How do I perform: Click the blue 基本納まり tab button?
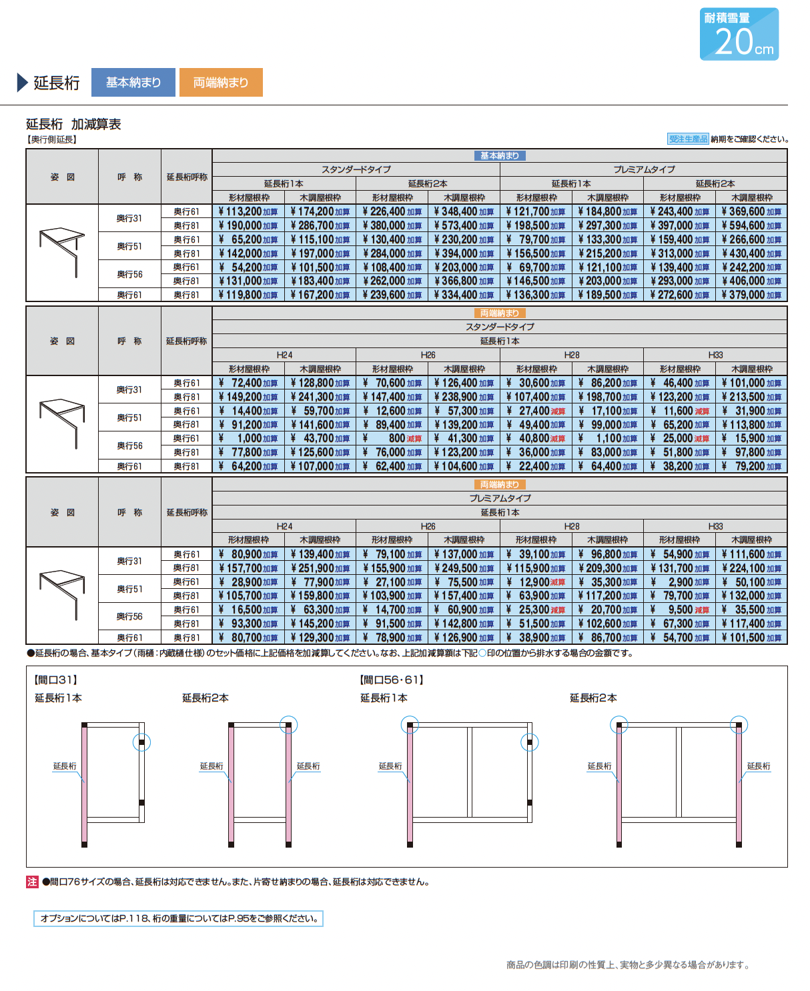(133, 83)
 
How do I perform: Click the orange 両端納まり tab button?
(220, 83)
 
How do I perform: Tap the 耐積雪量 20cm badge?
(739, 34)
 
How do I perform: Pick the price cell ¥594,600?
(751, 226)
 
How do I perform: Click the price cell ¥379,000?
(751, 295)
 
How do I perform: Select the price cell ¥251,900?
(320, 568)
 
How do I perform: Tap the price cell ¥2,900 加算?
(679, 582)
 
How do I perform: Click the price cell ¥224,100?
(751, 568)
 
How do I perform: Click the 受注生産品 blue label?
(688, 139)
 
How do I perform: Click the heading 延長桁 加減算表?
(73, 124)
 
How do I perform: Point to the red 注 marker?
(32, 882)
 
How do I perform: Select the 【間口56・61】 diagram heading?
(392, 680)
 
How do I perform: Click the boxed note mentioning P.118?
(178, 918)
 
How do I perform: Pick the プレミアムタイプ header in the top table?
(644, 169)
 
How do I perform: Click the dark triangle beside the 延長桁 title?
(22, 83)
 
